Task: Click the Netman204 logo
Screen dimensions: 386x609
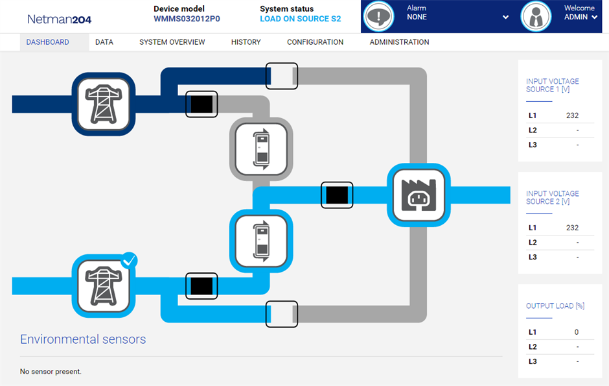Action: pos(59,19)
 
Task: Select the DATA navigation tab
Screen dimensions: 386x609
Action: pos(104,42)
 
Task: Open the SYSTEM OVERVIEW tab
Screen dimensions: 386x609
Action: pos(172,42)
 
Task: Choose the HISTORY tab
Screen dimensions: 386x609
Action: pos(246,42)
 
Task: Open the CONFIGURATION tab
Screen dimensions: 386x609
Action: pos(315,42)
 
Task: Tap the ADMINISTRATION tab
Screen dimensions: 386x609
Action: pos(399,42)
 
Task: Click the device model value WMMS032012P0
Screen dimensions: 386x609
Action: pos(187,19)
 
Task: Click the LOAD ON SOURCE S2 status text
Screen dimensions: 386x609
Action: pos(300,19)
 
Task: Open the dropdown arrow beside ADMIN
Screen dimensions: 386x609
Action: pos(595,18)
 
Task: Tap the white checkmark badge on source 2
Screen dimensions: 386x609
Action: pos(130,261)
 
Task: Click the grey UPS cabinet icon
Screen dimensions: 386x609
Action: pos(262,149)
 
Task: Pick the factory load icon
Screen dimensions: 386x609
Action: pos(419,195)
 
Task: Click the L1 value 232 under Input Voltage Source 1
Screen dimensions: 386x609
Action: pos(571,115)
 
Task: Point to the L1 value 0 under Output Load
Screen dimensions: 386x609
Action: pos(576,332)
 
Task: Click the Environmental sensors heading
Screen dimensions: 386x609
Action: pos(83,339)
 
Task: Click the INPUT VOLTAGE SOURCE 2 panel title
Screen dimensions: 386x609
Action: pos(553,197)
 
